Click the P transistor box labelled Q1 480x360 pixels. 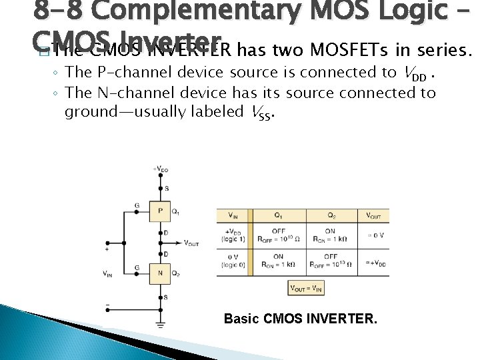coord(160,211)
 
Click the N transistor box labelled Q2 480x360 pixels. coord(160,273)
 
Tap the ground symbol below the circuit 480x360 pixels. coord(160,326)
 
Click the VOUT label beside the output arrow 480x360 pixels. coord(191,243)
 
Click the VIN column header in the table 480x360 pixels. coord(233,215)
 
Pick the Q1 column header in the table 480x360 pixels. coord(279,215)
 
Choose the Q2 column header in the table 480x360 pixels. coord(331,215)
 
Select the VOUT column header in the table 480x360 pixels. coord(374,215)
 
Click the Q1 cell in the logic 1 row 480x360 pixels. coord(279,235)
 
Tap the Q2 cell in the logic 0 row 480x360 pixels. coord(331,261)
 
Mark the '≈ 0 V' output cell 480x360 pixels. coord(374,235)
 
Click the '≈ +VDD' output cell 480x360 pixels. coord(374,261)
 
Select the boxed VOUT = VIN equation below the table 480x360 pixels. coord(305,288)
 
